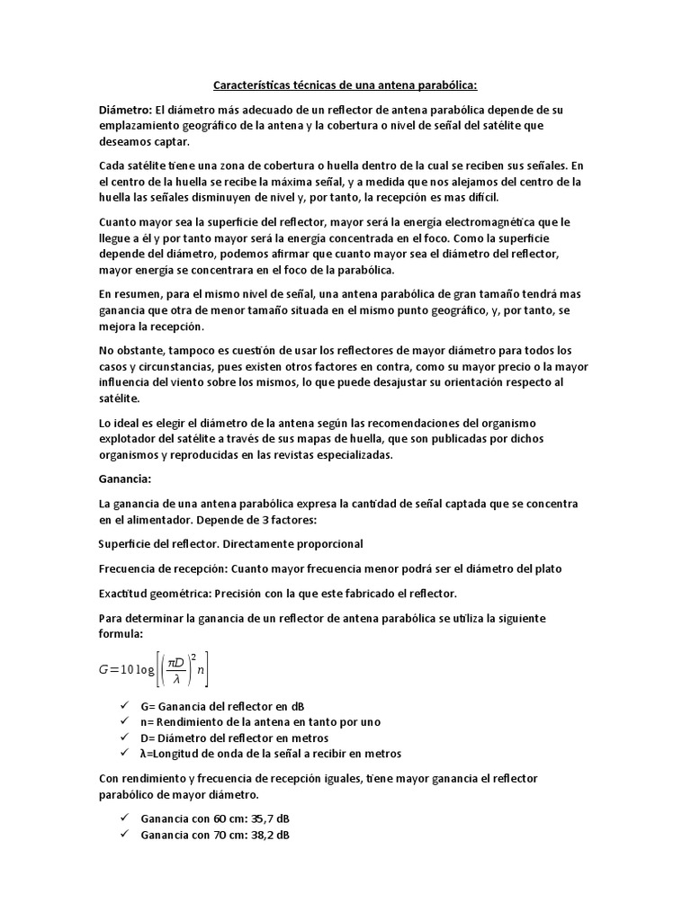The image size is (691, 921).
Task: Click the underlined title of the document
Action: pos(345,85)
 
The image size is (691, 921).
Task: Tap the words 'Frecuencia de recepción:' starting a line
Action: pos(164,568)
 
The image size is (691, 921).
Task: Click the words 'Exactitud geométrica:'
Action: pos(157,593)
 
